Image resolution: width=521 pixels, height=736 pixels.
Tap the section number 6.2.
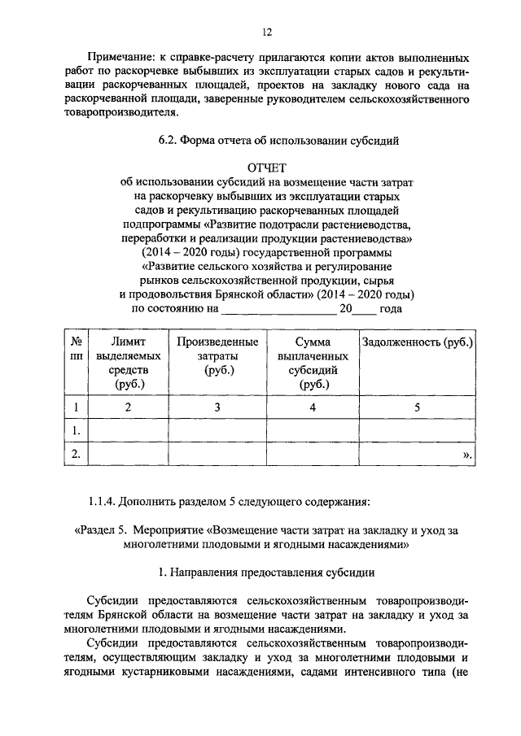click(170, 140)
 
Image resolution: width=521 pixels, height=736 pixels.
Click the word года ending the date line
click(392, 309)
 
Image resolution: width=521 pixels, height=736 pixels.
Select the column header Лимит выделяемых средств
click(128, 363)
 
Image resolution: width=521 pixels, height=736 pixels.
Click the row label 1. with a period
click(76, 430)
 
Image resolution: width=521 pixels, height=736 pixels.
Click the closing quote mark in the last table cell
click(466, 455)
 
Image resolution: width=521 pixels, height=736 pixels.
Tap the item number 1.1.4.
click(106, 499)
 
